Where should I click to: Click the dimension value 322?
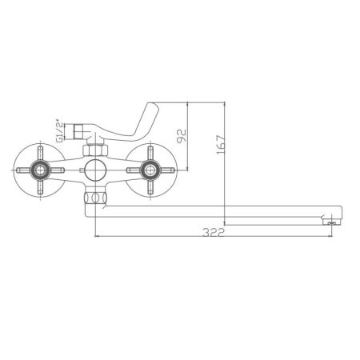[x=212, y=232]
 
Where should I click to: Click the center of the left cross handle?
[x=38, y=170]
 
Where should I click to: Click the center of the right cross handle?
[x=150, y=170]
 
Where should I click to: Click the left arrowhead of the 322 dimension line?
[x=98, y=237]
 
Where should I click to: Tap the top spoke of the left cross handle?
[x=38, y=153]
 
